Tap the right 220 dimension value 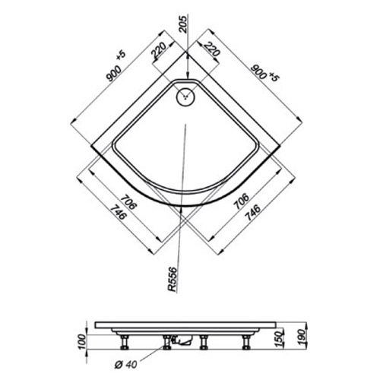211,49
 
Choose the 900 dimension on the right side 258,71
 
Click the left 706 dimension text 128,201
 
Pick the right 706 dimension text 242,201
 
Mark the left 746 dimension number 118,212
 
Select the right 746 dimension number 252,212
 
